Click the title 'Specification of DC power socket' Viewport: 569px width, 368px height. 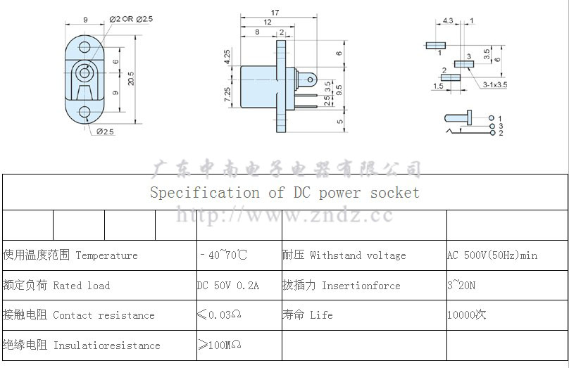(x=284, y=193)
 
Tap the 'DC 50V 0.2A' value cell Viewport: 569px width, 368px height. (x=228, y=286)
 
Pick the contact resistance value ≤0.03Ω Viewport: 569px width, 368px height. (x=220, y=315)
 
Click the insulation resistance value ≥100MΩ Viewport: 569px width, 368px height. (x=220, y=345)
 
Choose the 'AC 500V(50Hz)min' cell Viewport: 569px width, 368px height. (x=492, y=255)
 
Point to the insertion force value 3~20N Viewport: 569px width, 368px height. (x=461, y=286)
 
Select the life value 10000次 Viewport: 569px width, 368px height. (x=467, y=315)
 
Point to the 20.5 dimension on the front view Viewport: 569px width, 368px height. (x=131, y=79)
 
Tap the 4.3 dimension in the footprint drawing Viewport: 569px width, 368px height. (x=449, y=21)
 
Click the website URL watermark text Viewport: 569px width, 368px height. (x=284, y=215)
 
